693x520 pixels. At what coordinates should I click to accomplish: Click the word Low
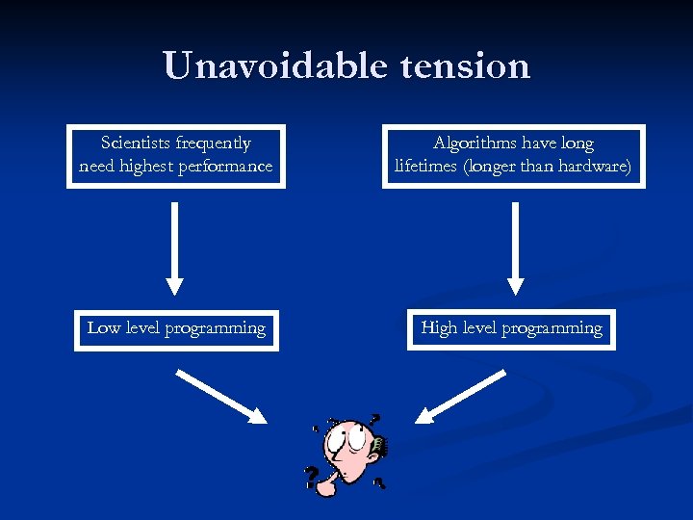102,327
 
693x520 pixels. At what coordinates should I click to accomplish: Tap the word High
439,327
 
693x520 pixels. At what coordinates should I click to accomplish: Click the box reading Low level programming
176,328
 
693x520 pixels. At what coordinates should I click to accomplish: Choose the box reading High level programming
511,328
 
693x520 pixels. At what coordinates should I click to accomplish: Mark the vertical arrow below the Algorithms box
515,247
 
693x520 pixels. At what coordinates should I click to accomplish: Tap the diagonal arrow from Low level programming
222,398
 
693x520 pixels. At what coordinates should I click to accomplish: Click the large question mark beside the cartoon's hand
312,477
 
